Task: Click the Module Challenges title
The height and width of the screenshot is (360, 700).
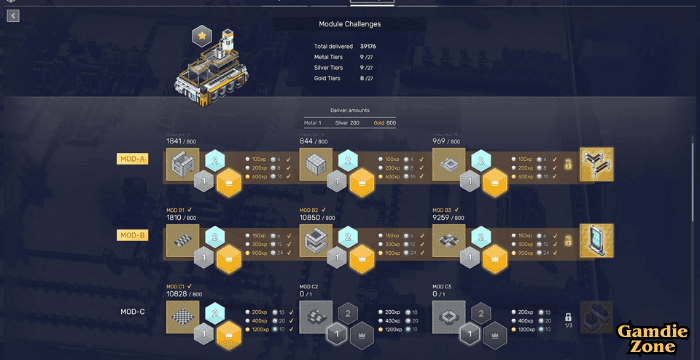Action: pyautogui.click(x=350, y=23)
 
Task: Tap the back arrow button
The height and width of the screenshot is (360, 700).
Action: pyautogui.click(x=13, y=16)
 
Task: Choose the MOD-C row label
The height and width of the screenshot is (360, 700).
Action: pyautogui.click(x=133, y=311)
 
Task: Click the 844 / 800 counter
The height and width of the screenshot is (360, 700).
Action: pyautogui.click(x=314, y=142)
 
